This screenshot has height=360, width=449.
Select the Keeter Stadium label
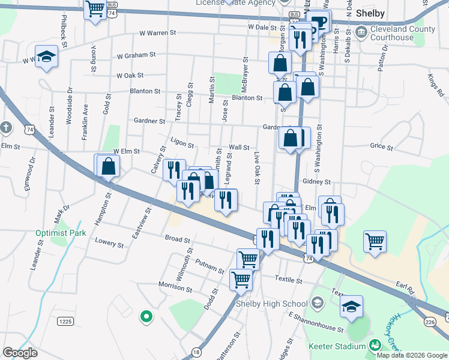pyautogui.click(x=336, y=346)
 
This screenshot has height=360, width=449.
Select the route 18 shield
pyautogui.click(x=196, y=352)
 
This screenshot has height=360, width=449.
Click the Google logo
pyautogui.click(x=20, y=353)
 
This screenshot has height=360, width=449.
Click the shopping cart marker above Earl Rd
pyautogui.click(x=375, y=241)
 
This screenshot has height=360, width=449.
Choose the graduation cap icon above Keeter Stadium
pyautogui.click(x=351, y=306)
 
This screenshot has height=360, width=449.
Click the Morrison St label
pyautogui.click(x=175, y=288)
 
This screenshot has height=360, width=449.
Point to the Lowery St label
pyautogui.click(x=109, y=244)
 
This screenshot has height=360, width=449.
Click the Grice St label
pyautogui.click(x=381, y=146)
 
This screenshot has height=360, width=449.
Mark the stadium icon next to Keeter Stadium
pyautogui.click(x=375, y=346)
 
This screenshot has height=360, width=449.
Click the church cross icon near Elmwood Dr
pyautogui.click(x=6, y=128)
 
